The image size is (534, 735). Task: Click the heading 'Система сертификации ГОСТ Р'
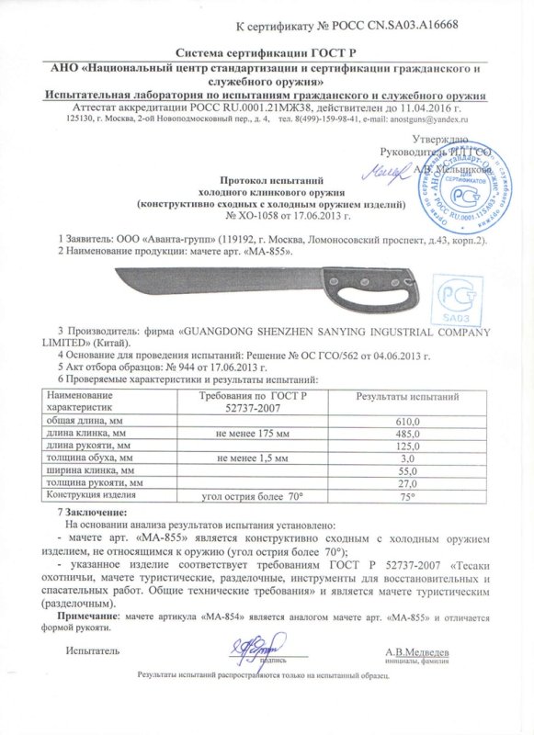[266, 55]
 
